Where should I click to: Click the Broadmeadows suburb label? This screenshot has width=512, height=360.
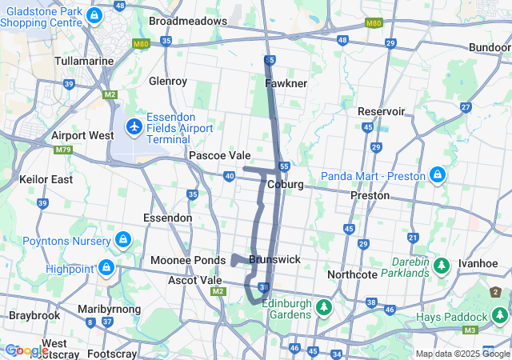click(188, 21)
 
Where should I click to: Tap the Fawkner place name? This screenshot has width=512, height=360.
click(286, 83)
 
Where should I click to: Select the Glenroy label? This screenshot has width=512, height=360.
click(168, 81)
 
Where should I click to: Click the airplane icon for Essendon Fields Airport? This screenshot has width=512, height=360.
click(134, 126)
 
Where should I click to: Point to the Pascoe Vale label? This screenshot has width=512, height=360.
click(219, 155)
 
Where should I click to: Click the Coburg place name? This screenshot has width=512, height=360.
click(286, 184)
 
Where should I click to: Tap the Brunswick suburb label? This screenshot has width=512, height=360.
click(274, 259)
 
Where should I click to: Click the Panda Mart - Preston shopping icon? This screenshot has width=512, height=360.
click(437, 174)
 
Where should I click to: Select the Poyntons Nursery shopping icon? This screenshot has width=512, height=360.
click(122, 239)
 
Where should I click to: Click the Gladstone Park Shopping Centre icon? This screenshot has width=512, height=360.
click(94, 15)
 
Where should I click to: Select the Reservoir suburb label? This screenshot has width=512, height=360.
click(382, 111)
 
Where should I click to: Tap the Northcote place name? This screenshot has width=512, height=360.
click(352, 274)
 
